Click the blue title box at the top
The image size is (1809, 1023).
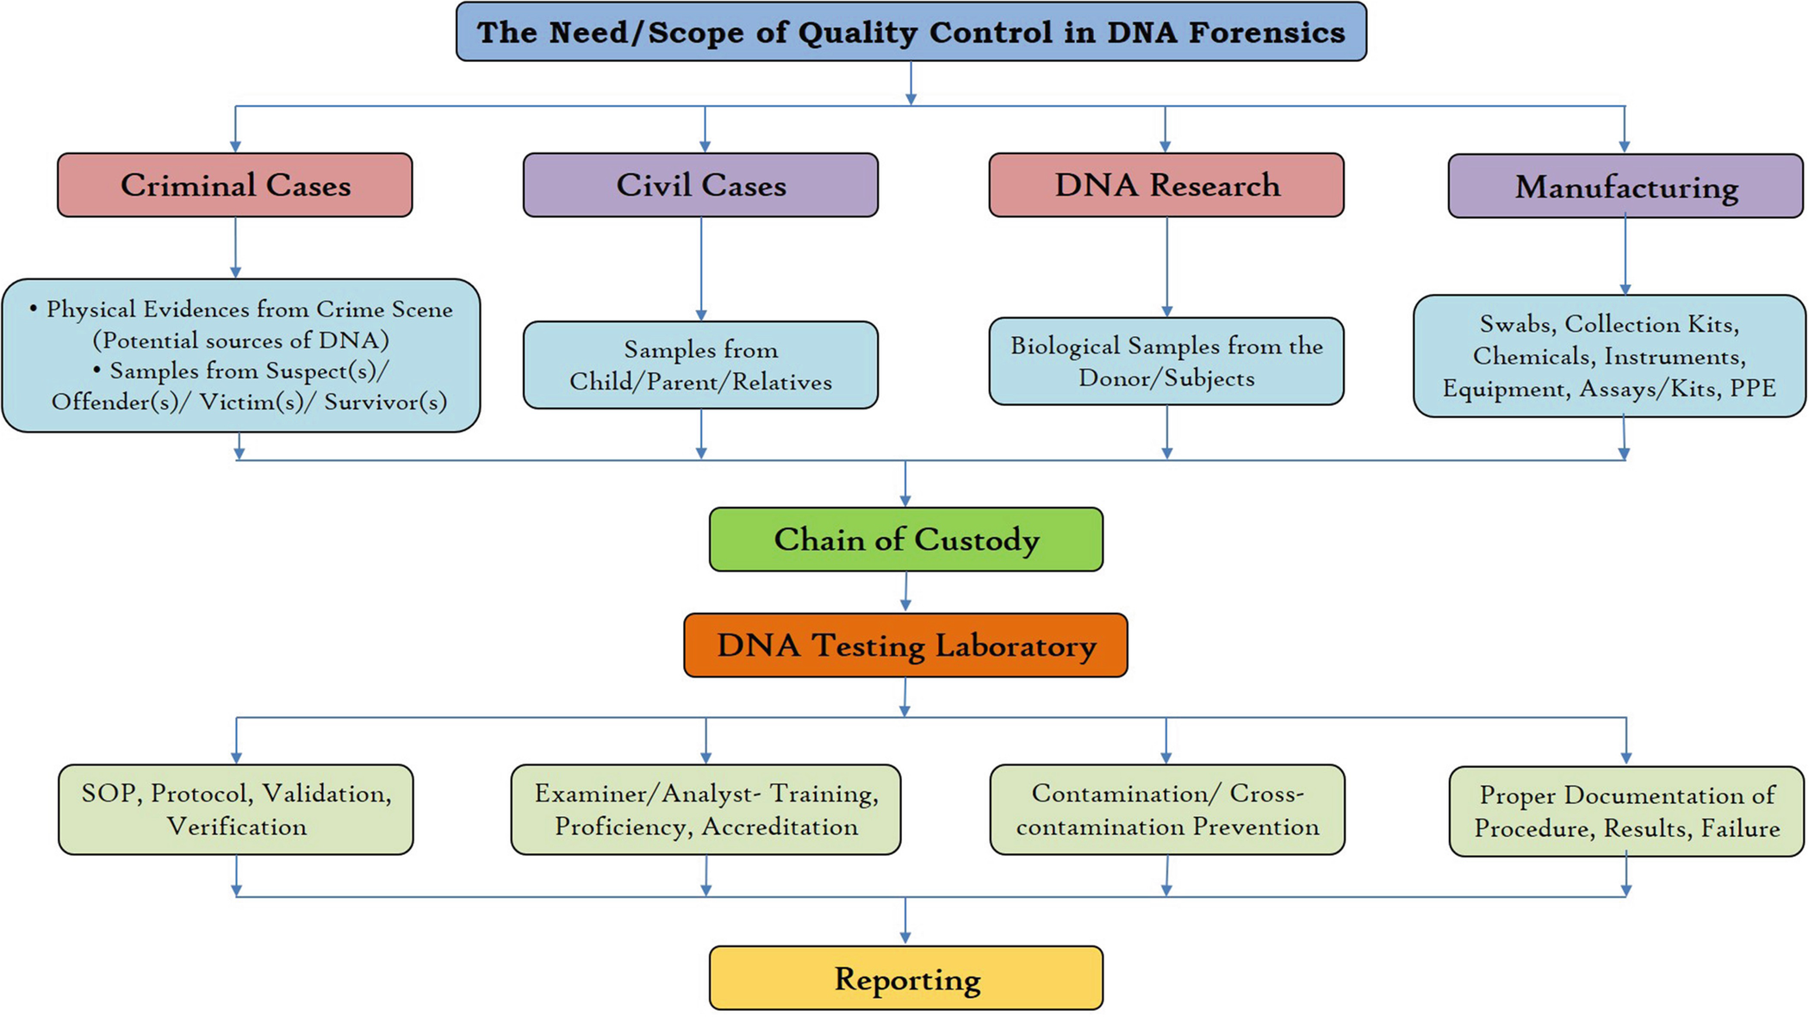point(911,32)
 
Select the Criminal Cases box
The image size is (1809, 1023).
point(235,185)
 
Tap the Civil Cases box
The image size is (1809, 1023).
point(701,185)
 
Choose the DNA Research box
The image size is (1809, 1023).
point(1166,185)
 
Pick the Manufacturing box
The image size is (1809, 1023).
point(1626,186)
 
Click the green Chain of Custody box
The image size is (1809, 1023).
point(906,540)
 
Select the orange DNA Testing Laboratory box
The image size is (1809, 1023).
point(905,646)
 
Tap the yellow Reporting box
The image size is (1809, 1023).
point(906,978)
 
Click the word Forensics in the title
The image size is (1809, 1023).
point(1267,33)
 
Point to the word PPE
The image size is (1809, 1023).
point(1752,388)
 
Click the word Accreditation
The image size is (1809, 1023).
point(780,827)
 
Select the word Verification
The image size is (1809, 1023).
point(237,827)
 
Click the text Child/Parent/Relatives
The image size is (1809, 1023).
point(701,382)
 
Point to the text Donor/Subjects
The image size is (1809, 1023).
point(1166,378)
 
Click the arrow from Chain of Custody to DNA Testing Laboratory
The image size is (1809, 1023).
point(905,592)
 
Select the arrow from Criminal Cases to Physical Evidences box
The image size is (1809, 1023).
point(235,247)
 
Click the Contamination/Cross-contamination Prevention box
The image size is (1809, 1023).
point(1167,809)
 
